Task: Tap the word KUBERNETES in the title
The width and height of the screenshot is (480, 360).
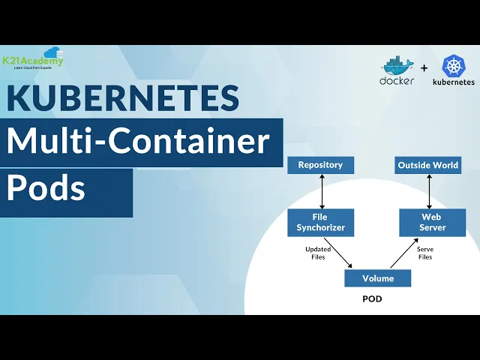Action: (x=123, y=99)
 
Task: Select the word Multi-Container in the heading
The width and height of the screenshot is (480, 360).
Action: (x=138, y=141)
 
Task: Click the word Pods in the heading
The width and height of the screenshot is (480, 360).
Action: (x=46, y=188)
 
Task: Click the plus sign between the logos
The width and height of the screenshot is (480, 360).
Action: (x=424, y=68)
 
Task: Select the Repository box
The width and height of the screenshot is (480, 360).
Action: (x=320, y=165)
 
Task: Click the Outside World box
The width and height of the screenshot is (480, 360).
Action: (x=428, y=165)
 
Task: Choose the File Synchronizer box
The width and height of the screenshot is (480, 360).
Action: (x=320, y=223)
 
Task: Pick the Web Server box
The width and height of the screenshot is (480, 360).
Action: (x=433, y=223)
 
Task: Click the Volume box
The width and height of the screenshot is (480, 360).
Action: (x=378, y=278)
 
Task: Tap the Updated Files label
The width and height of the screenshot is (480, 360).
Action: (x=317, y=253)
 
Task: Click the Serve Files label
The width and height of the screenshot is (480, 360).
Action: (x=425, y=253)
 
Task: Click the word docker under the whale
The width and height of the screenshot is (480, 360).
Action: (x=397, y=81)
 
